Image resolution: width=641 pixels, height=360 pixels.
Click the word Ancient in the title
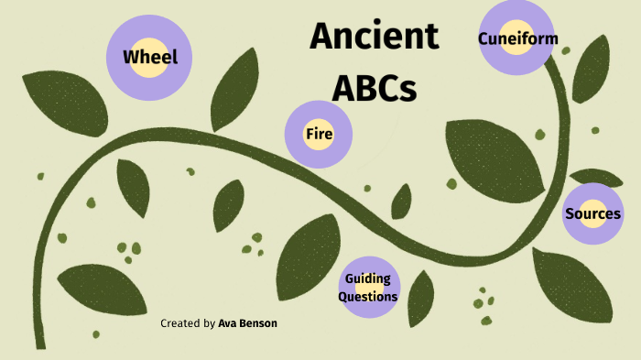coord(374,37)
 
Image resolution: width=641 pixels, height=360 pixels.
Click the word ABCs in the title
coord(374,88)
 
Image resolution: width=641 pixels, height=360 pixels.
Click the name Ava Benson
coord(247,323)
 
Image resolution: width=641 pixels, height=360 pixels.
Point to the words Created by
coord(188,323)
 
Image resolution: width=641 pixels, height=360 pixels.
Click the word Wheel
coord(150,58)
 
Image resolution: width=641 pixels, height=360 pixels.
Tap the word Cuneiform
coord(517,38)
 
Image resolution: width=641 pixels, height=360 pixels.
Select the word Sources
coord(592,214)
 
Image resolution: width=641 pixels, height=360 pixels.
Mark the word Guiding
coord(367,279)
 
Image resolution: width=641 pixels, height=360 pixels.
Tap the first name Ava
coord(226,323)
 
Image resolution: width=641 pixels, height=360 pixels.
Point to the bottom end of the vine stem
coord(39,344)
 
